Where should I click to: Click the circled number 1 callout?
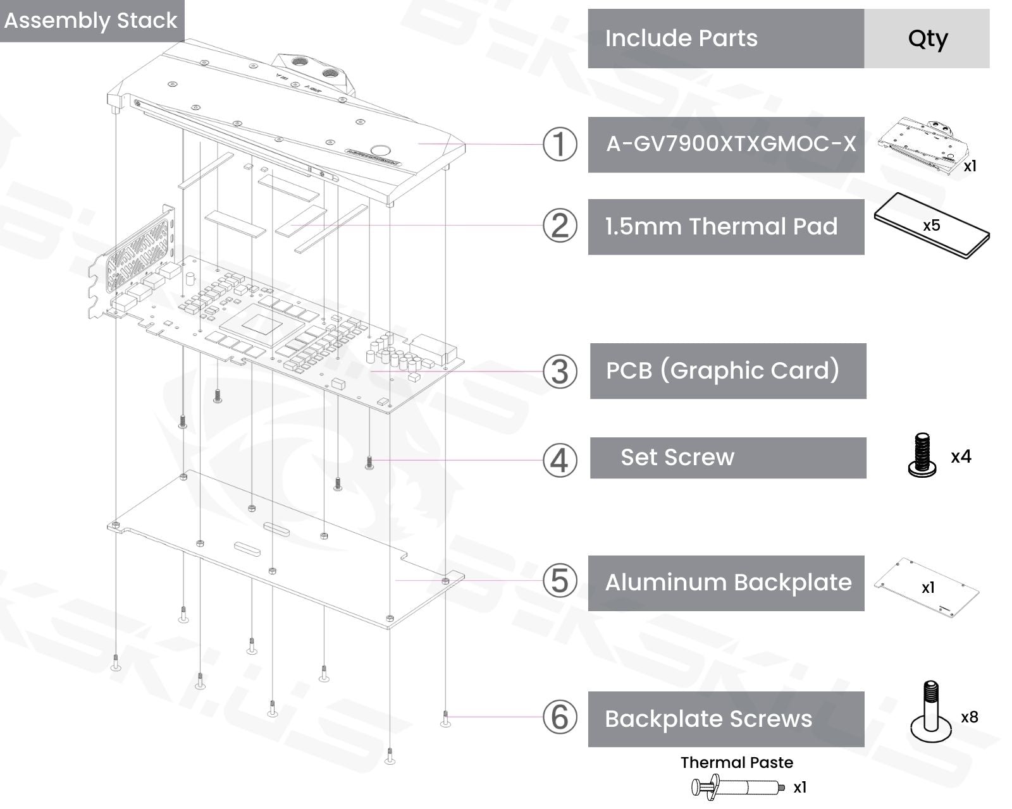point(560,144)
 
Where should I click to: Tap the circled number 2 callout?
point(560,226)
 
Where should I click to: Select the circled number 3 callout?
point(560,371)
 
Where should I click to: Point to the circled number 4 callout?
point(560,459)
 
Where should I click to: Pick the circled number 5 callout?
point(560,581)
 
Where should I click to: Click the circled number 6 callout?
point(560,717)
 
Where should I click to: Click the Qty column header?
point(927,39)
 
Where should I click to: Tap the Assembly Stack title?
point(91,20)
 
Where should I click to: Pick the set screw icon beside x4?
point(922,455)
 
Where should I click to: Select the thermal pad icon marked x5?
point(931,226)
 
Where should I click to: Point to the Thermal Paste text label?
point(737,762)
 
